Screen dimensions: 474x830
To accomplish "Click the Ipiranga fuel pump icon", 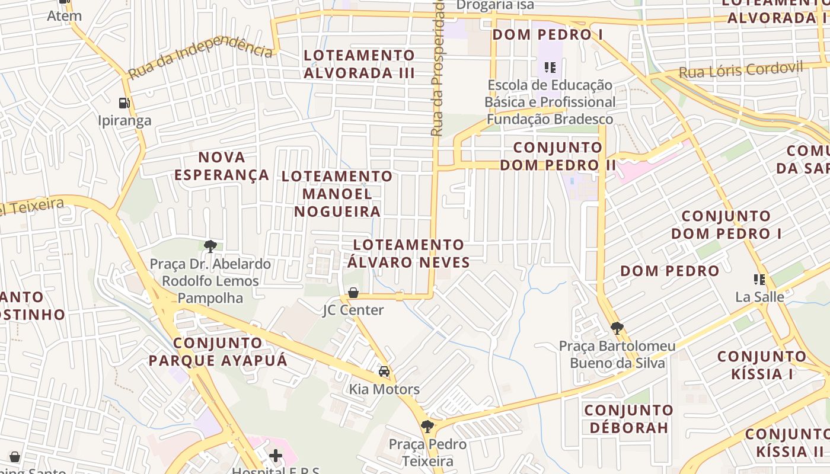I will click(124, 103).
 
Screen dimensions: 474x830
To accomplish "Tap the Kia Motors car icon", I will click(384, 371).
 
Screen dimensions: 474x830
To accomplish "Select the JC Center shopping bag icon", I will click(353, 292).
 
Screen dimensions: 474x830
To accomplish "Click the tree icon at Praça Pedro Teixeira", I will click(427, 426).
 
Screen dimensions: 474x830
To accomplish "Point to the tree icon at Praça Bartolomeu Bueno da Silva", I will click(617, 328).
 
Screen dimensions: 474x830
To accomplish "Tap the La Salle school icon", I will click(759, 279).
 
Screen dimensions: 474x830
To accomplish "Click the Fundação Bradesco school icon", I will click(550, 68).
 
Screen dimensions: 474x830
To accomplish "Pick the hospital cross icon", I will click(276, 456).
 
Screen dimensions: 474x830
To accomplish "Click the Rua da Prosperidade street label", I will click(438, 68).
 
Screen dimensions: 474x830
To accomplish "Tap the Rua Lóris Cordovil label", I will click(740, 71).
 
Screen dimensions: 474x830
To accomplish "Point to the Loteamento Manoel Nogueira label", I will click(337, 194).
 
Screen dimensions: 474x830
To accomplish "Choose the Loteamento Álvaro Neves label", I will click(408, 254).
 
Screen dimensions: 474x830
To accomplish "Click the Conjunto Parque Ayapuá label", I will click(218, 351).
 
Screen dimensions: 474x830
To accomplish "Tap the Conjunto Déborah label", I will click(628, 419).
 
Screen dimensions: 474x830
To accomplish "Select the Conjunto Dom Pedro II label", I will click(558, 156).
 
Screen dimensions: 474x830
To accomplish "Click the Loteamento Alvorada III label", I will click(359, 64).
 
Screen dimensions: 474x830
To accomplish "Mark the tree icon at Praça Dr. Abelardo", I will click(209, 246).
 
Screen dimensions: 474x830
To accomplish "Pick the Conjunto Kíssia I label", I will click(762, 365).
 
